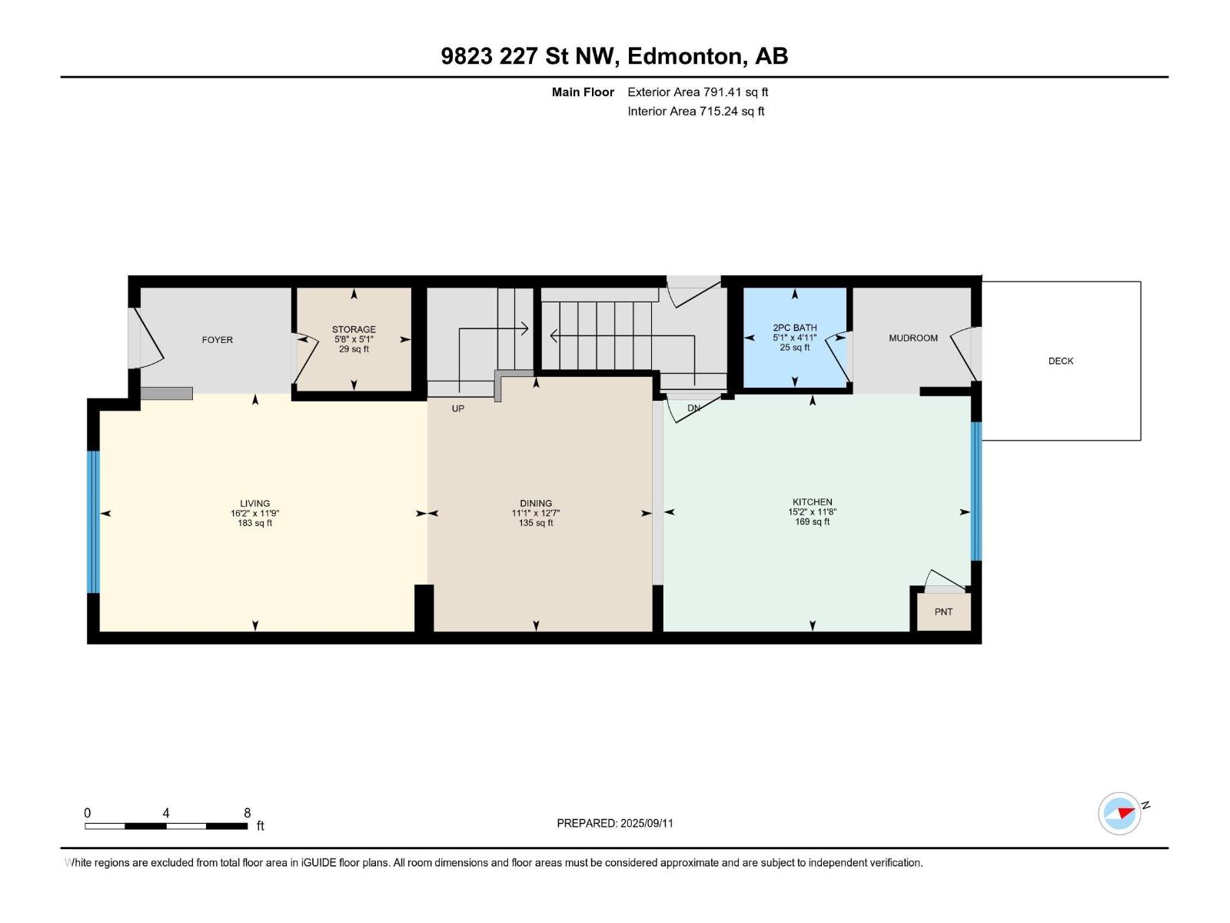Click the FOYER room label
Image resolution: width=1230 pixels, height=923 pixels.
[x=217, y=340]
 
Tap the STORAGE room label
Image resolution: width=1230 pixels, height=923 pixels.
[x=354, y=329]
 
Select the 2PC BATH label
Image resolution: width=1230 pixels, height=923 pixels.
[x=795, y=328]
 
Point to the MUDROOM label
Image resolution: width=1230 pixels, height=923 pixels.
[x=913, y=338]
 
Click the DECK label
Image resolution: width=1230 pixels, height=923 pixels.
[x=1061, y=361]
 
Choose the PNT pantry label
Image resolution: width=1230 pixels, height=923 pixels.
[x=944, y=611]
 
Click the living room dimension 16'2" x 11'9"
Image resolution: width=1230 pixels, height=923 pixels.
[x=255, y=513]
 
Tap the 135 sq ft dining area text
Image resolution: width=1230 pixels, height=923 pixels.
[x=536, y=523]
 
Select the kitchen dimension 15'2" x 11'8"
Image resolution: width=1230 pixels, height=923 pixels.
[x=812, y=511]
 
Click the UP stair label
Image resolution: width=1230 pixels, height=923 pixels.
[x=458, y=408]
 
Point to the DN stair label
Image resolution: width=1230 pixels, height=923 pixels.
[x=693, y=408]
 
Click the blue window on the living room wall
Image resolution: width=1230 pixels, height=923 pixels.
[x=93, y=521]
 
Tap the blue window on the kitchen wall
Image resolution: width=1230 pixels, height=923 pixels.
[x=976, y=491]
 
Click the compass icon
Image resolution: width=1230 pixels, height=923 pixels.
[x=1119, y=813]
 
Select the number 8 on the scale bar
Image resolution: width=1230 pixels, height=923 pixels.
[x=247, y=812]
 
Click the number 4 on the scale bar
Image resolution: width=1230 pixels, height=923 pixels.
[x=166, y=812]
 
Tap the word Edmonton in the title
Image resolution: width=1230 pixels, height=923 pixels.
[x=687, y=56]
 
